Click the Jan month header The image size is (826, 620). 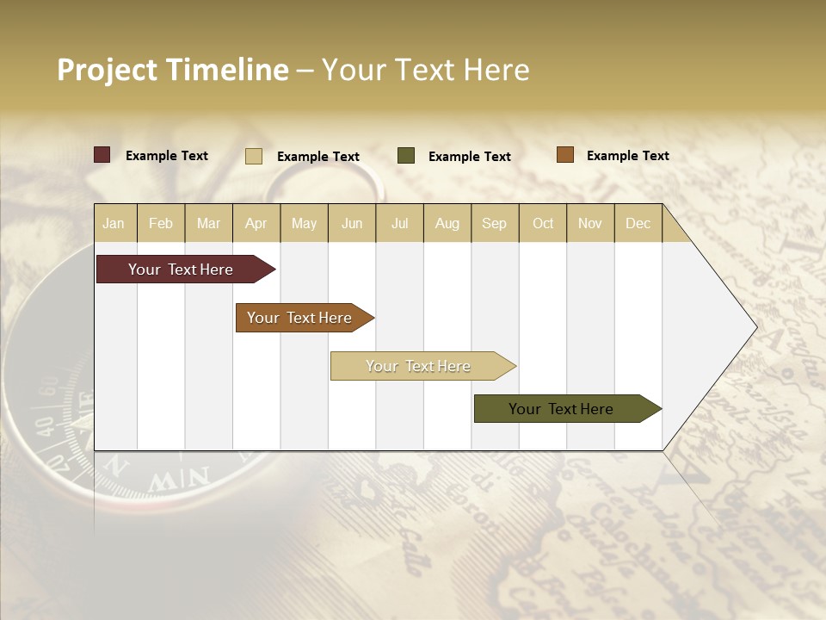coord(114,223)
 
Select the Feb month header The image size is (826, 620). coord(161,223)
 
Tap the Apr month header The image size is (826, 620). coord(256,223)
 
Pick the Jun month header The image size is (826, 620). coord(352,223)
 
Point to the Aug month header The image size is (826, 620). coord(447,223)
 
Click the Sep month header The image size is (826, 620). coord(494,223)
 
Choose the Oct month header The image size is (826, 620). coord(543,223)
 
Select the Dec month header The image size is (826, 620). coord(638,223)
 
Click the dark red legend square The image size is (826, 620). coord(102,155)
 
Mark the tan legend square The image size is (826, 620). coord(254,156)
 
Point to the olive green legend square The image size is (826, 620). coord(406,156)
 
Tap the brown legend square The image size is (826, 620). coord(564,155)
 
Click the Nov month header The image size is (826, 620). coord(590,223)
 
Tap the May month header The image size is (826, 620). coord(304,223)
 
